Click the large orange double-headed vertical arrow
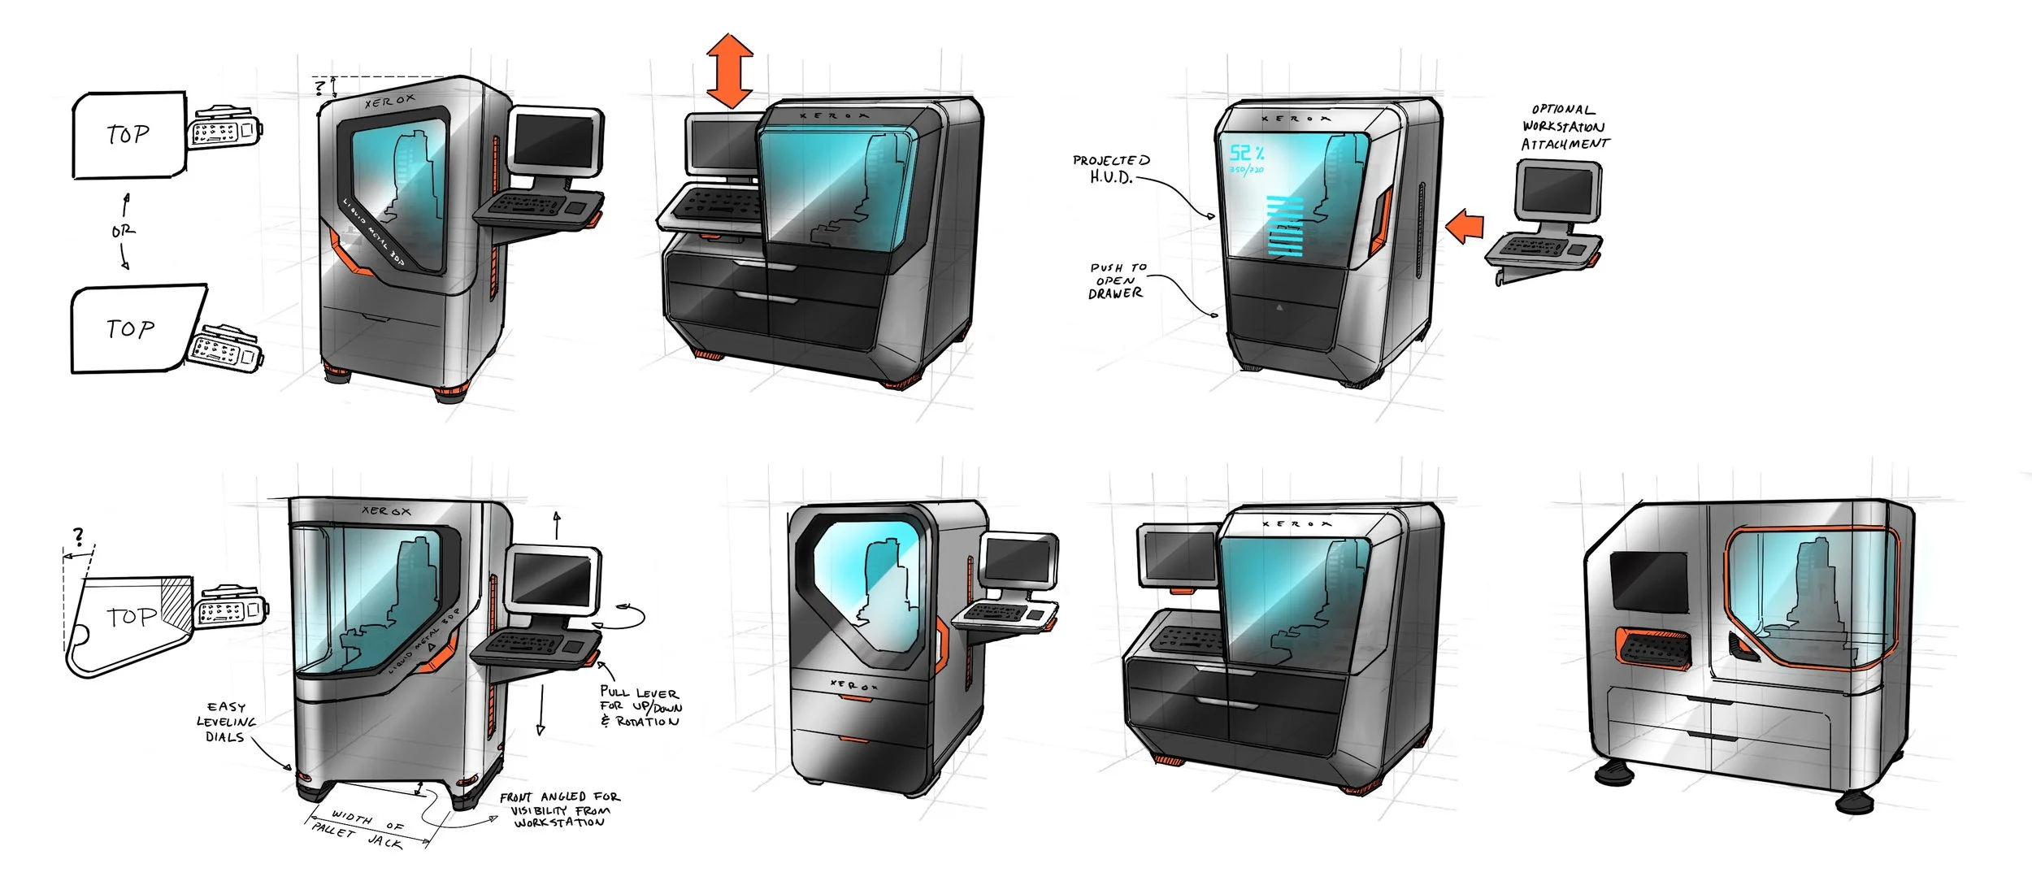729,71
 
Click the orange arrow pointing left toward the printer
1465,227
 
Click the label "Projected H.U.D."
1111,169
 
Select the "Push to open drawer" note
1117,280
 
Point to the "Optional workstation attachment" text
1564,127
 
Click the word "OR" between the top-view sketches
124,232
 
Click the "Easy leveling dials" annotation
226,722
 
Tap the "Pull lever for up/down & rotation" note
640,706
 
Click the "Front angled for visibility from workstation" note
559,809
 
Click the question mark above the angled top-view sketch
78,536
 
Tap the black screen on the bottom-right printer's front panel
1648,581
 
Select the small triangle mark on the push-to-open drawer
1279,307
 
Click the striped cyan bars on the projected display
1285,225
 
